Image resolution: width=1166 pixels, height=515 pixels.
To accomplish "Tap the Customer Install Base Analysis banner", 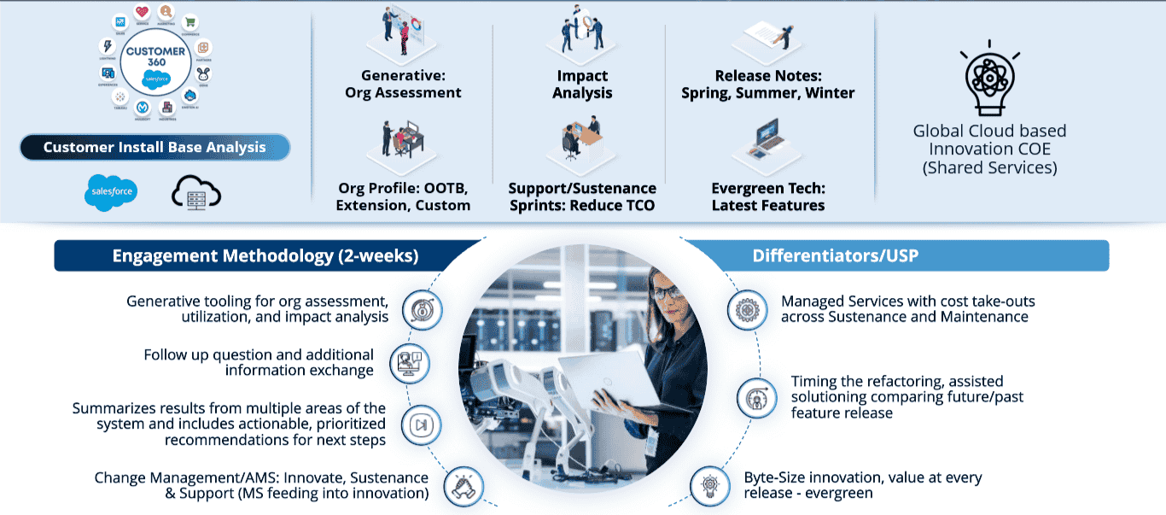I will pyautogui.click(x=154, y=148).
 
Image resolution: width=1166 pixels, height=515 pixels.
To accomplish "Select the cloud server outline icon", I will pyautogui.click(x=195, y=193).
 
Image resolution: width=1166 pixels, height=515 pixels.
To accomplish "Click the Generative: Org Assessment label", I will pyautogui.click(x=403, y=85).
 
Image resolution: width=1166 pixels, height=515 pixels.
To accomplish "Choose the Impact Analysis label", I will pyautogui.click(x=582, y=85).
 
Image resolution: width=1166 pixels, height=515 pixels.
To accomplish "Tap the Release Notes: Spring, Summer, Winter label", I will pyautogui.click(x=767, y=85).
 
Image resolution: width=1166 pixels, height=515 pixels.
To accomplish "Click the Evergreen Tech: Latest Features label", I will pyautogui.click(x=767, y=196).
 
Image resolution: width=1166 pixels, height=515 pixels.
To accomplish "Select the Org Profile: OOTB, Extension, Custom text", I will pyautogui.click(x=403, y=196).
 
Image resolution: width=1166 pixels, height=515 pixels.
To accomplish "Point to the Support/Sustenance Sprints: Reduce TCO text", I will pyautogui.click(x=582, y=196).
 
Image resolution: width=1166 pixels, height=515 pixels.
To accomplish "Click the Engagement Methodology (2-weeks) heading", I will pyautogui.click(x=265, y=256).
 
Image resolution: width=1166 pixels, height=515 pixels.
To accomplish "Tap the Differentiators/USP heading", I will pyautogui.click(x=835, y=256).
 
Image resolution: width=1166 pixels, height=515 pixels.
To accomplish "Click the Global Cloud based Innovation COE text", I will pyautogui.click(x=989, y=149).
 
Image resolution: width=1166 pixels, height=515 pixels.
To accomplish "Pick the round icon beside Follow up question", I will pyautogui.click(x=409, y=363).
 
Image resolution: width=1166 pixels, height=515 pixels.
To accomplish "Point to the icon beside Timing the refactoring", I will pyautogui.click(x=755, y=398).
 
